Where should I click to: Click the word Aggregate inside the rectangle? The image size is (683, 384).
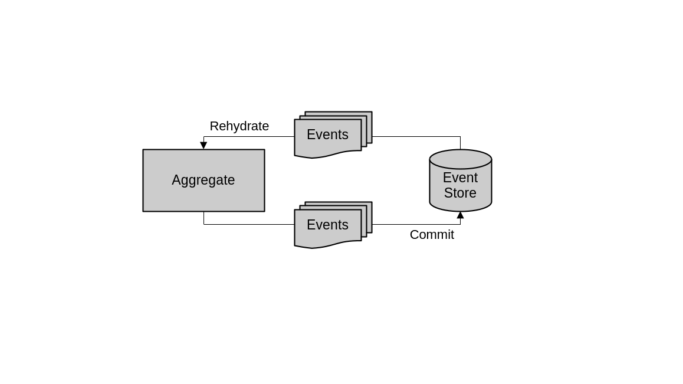(203, 180)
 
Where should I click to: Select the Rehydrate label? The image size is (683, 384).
(239, 126)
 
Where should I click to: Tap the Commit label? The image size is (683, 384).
(432, 235)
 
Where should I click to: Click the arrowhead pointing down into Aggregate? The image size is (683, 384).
(203, 145)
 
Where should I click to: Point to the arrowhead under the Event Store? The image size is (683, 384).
(460, 215)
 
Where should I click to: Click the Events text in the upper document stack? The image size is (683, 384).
(327, 134)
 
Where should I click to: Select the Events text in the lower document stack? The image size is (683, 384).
(327, 225)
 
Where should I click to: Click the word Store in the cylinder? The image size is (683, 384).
(460, 193)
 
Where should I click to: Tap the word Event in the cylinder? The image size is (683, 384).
(460, 178)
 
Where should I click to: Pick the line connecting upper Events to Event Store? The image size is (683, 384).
(413, 137)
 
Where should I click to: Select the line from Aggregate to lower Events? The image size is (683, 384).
(248, 224)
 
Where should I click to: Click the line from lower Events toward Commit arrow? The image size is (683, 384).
(413, 224)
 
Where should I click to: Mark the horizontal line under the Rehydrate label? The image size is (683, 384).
(248, 137)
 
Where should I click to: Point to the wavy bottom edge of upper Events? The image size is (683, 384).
(327, 155)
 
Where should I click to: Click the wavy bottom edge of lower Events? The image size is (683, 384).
(327, 245)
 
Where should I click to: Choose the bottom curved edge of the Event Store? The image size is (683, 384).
(460, 211)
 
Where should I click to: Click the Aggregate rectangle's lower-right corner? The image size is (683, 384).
(264, 211)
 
